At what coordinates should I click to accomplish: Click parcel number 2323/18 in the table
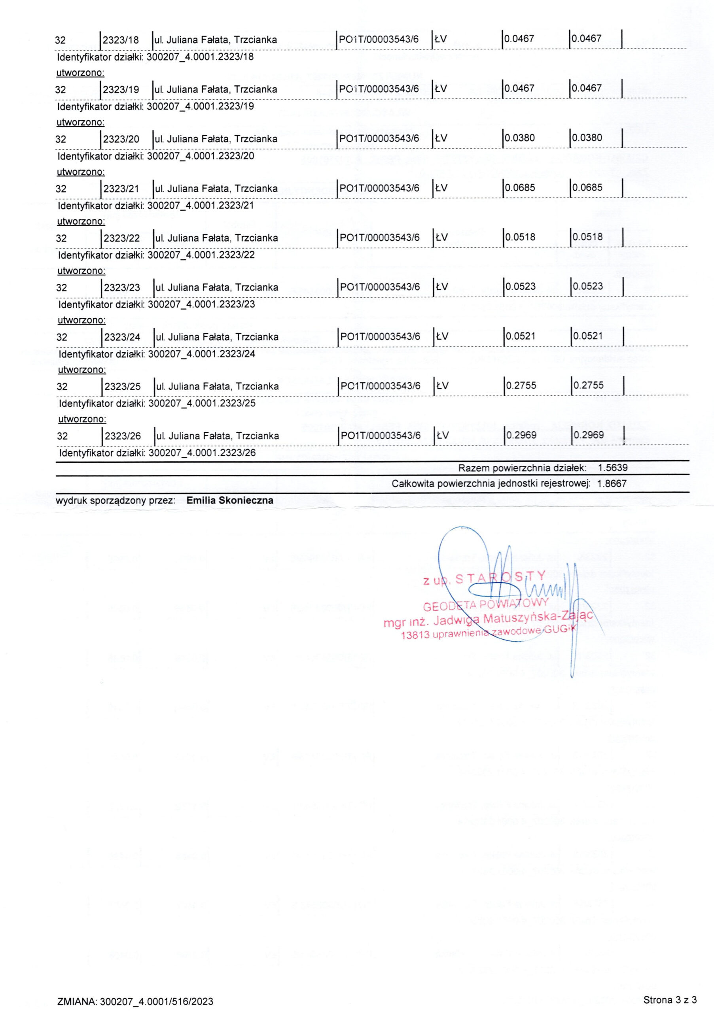(x=120, y=40)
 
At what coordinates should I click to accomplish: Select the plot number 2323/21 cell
(x=121, y=189)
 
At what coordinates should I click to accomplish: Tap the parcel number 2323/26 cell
(x=123, y=436)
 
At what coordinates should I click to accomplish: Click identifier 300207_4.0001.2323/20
(x=200, y=156)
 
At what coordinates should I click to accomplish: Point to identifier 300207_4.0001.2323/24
(x=202, y=354)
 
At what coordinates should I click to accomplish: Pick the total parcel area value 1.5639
(x=613, y=468)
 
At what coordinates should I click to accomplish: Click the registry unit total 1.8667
(x=612, y=483)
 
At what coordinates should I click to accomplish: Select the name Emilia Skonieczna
(x=230, y=500)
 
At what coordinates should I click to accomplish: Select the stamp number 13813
(x=415, y=636)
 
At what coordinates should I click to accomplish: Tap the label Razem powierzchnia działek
(x=522, y=468)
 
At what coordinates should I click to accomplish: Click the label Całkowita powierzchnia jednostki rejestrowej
(x=491, y=484)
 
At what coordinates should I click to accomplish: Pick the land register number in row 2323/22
(x=379, y=238)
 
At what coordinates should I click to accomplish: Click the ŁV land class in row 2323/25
(x=442, y=386)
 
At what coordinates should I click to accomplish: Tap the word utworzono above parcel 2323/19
(x=80, y=73)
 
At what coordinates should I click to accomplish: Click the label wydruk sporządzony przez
(x=116, y=501)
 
